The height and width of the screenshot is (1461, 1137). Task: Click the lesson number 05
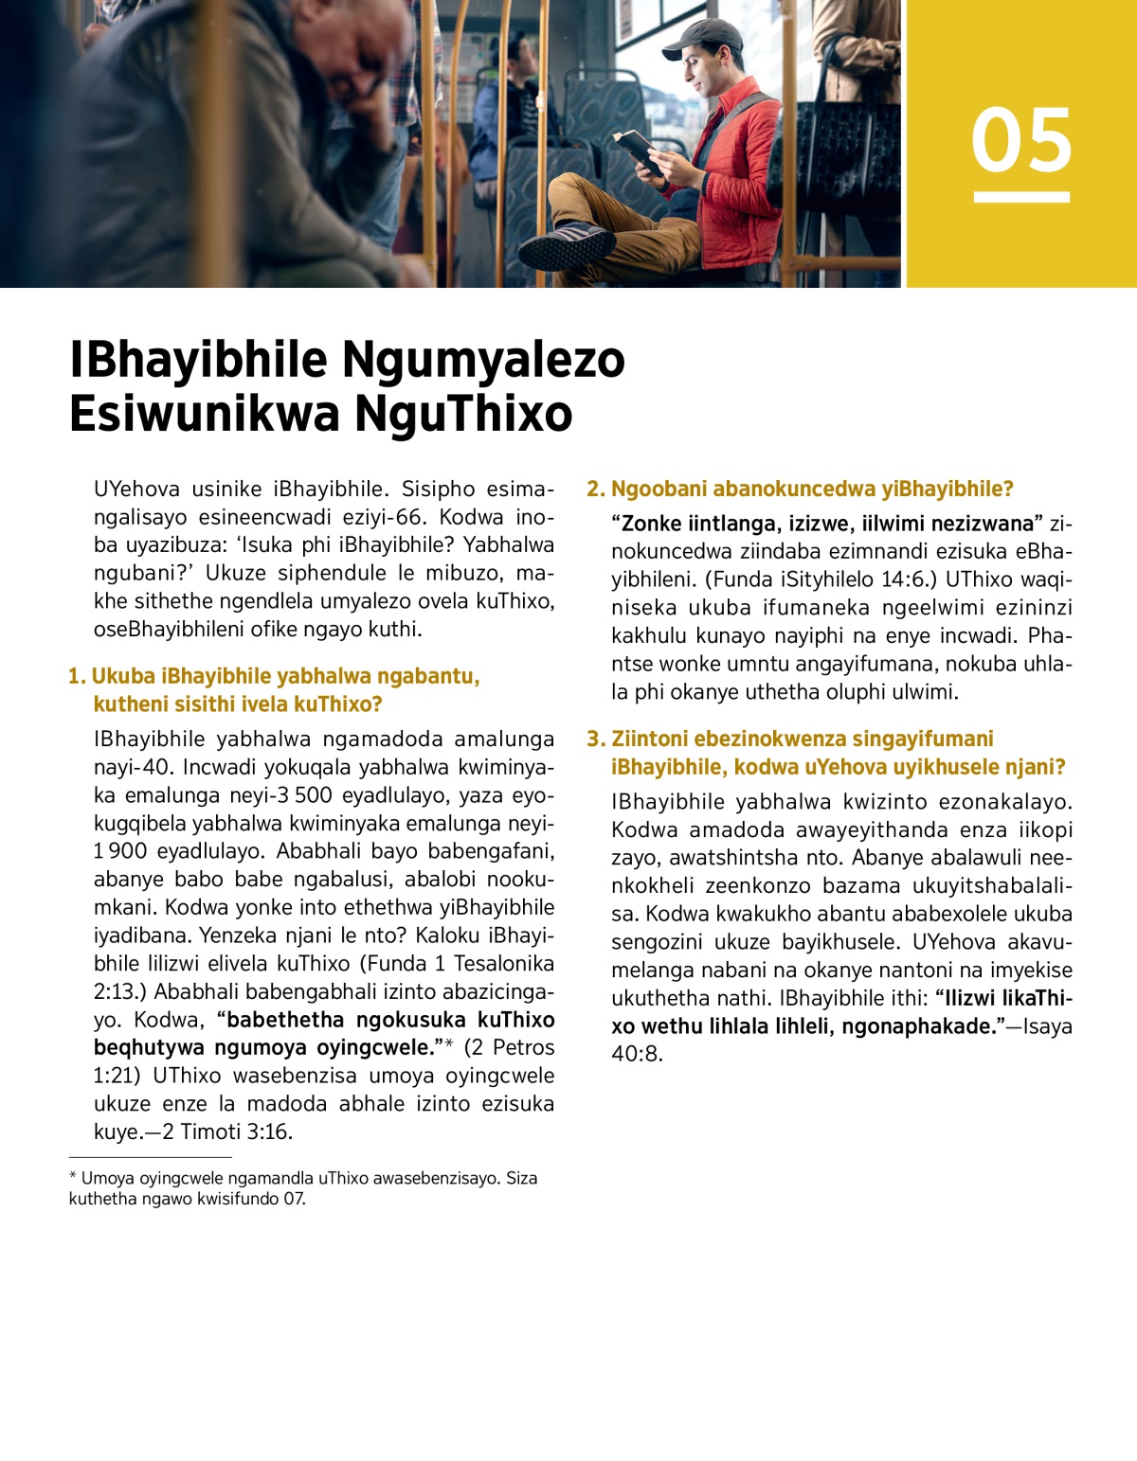[1020, 140]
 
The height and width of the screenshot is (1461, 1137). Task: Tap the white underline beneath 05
[1020, 197]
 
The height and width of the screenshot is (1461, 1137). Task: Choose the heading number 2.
[594, 489]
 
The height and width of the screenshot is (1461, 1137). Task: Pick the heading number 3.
[594, 739]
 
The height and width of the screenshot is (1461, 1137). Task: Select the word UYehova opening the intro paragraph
[136, 489]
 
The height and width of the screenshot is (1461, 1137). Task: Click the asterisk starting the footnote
[73, 1177]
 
